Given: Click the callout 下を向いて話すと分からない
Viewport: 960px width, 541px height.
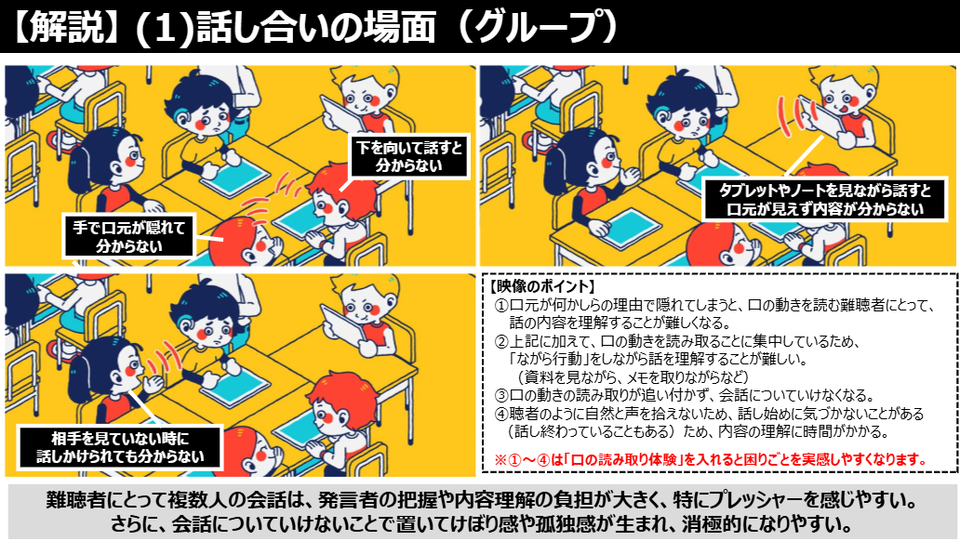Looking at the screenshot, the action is (409, 156).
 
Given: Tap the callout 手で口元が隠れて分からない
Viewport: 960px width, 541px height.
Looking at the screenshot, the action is (128, 236).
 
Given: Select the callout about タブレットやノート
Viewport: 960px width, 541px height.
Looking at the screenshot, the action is (825, 200).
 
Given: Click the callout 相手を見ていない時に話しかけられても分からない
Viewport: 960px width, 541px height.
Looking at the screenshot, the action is (120, 447).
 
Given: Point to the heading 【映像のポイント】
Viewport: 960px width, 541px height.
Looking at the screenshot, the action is (541, 286).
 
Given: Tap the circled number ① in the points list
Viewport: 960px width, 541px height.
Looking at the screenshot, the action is (501, 305).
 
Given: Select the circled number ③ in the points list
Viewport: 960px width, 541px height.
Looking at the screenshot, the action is (501, 395).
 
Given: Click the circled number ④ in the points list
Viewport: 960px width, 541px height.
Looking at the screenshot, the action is (501, 414).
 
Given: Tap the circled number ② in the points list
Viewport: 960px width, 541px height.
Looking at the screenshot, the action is (501, 341).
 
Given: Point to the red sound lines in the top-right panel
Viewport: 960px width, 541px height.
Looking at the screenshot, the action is (791, 117).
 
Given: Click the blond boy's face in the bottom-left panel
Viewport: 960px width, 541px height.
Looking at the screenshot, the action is (364, 304).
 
